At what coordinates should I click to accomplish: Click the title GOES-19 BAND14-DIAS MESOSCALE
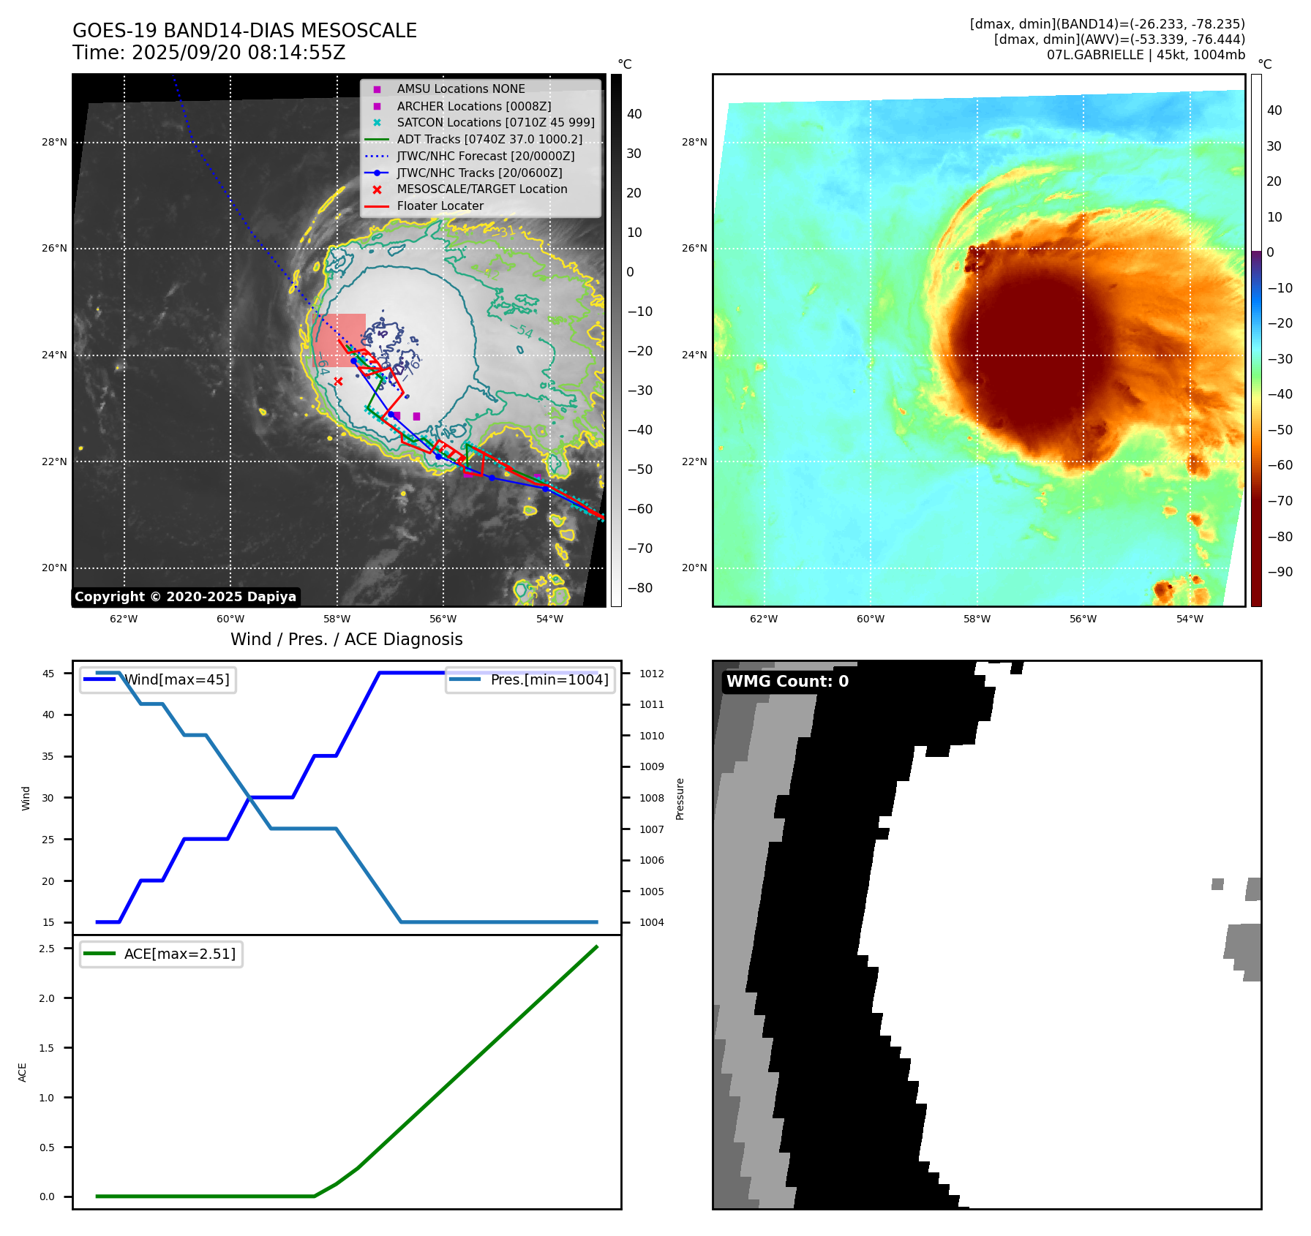(244, 31)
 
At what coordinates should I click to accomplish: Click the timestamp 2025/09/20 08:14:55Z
(238, 53)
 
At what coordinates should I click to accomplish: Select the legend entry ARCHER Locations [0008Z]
(473, 106)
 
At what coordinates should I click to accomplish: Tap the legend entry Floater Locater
(440, 206)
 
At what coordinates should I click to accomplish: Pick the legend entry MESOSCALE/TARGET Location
(481, 189)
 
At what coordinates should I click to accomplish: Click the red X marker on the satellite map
(338, 381)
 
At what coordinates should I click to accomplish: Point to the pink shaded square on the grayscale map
(339, 340)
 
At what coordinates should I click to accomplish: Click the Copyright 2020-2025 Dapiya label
(185, 597)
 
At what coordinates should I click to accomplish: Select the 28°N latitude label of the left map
(54, 143)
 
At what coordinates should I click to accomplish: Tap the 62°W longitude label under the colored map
(764, 619)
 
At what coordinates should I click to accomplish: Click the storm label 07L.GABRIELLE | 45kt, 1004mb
(1146, 55)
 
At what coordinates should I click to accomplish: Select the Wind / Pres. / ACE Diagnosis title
(346, 640)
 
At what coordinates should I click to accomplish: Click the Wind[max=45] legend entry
(176, 679)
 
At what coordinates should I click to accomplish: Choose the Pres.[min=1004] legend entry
(549, 679)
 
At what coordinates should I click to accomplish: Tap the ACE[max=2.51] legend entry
(179, 954)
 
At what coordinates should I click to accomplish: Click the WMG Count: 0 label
(787, 682)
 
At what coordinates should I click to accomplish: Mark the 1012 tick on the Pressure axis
(651, 674)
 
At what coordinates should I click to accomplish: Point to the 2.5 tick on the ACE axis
(47, 949)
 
